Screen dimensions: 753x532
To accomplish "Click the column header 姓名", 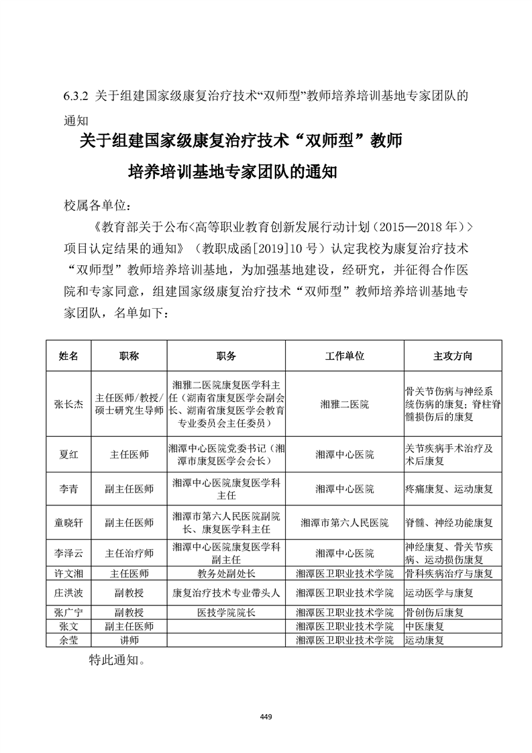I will coord(69,356).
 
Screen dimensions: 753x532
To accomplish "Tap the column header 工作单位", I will coord(344,356).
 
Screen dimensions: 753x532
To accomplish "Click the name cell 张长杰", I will coord(69,404).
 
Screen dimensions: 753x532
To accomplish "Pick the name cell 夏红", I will coord(69,454).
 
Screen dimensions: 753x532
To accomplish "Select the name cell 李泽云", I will coord(69,554).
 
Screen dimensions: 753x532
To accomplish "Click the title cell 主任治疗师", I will coord(129,554).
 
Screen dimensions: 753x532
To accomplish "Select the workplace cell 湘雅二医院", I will coord(344,404).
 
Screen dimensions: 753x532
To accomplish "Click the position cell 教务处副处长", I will coord(226,574).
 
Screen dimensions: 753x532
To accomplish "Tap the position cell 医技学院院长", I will coord(226,612).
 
